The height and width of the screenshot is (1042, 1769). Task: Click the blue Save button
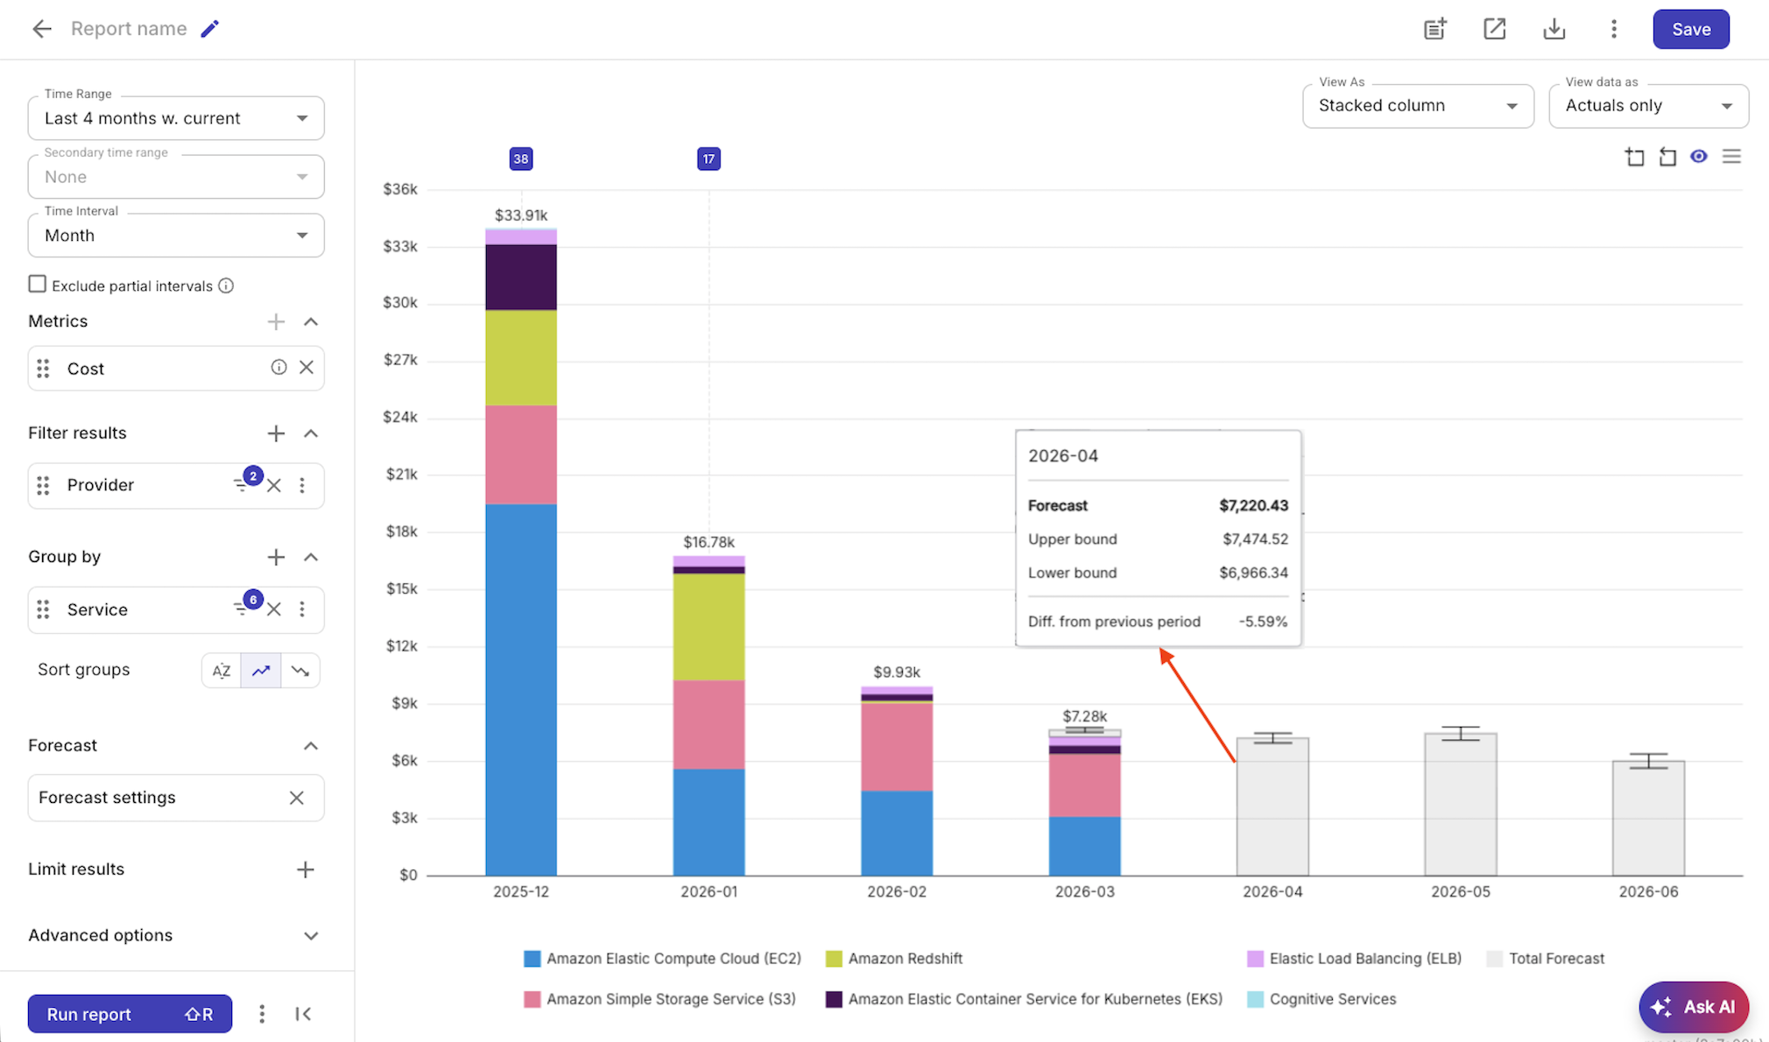point(1690,29)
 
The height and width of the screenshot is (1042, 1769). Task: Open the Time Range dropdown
point(175,118)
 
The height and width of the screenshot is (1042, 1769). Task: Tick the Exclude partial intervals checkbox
point(37,285)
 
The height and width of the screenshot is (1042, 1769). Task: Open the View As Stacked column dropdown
point(1417,106)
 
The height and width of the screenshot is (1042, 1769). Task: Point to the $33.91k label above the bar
point(521,215)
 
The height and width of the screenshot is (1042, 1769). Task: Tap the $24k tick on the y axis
point(400,417)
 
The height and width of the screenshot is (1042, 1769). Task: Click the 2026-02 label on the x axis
point(896,891)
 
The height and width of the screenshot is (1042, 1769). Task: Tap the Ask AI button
point(1693,1007)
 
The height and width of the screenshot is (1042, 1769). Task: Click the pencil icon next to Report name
point(209,29)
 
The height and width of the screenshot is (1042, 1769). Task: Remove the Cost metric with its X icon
point(307,368)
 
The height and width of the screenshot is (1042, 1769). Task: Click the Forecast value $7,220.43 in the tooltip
point(1253,505)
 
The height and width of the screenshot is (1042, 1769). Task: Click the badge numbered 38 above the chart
point(521,158)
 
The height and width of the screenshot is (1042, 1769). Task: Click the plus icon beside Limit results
point(305,870)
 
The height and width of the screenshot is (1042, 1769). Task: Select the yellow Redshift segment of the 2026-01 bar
point(708,627)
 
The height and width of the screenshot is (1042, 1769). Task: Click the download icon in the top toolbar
point(1554,29)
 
